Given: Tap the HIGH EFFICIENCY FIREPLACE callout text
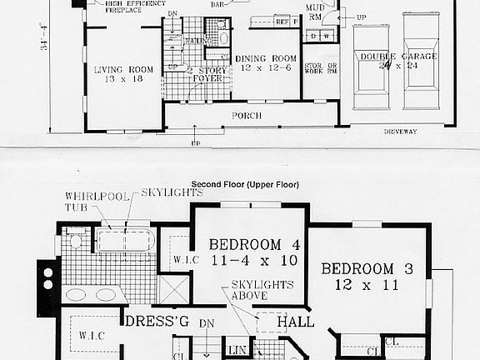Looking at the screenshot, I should click(134, 8).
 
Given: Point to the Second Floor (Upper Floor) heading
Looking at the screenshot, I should click(244, 184).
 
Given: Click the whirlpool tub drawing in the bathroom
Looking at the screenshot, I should click(122, 242).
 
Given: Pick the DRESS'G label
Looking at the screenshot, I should click(152, 320).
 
